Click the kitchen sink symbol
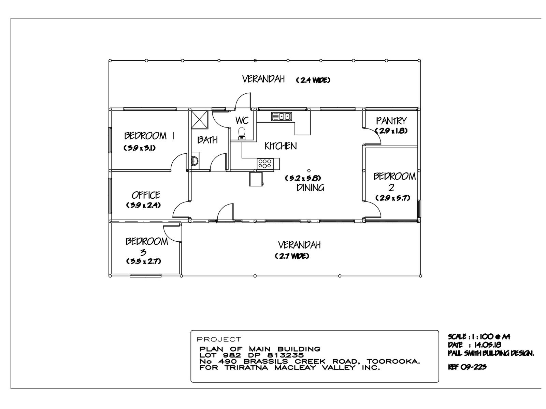pyautogui.click(x=281, y=117)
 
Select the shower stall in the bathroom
pyautogui.click(x=200, y=119)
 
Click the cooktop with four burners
pyautogui.click(x=265, y=163)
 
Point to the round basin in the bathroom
pyautogui.click(x=195, y=161)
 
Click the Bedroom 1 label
pyautogui.click(x=149, y=136)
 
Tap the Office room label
pyautogui.click(x=146, y=195)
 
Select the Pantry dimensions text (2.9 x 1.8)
pyautogui.click(x=391, y=131)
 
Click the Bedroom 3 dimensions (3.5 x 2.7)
pyautogui.click(x=144, y=261)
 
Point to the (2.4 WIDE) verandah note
pyautogui.click(x=313, y=80)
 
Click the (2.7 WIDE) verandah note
pyautogui.click(x=292, y=256)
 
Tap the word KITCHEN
pyautogui.click(x=281, y=146)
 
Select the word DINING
pyautogui.click(x=310, y=187)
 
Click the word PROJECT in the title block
pyautogui.click(x=219, y=339)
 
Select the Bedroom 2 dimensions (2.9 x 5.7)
pyautogui.click(x=392, y=198)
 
